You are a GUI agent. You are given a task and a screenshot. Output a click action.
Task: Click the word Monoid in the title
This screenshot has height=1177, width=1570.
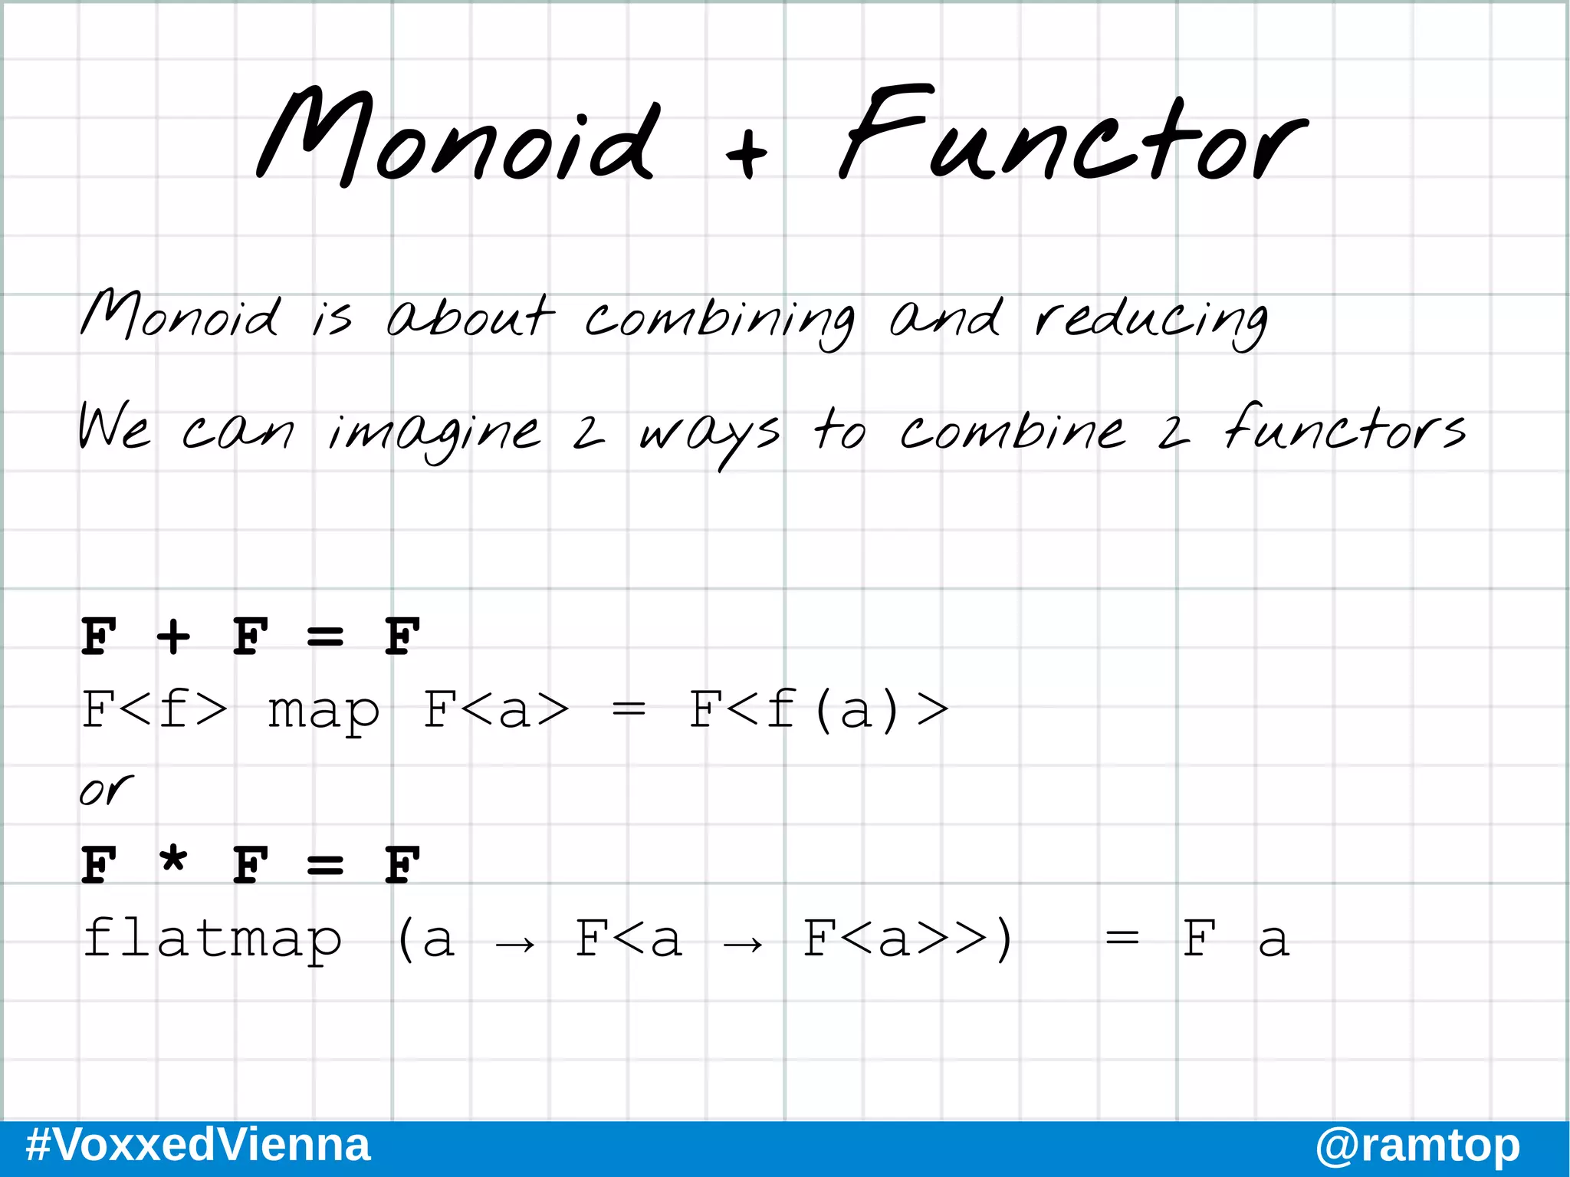click(x=456, y=138)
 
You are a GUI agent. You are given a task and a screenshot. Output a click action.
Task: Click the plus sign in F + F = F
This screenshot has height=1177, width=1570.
click(x=173, y=636)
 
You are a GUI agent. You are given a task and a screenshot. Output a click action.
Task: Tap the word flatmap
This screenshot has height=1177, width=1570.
click(x=212, y=939)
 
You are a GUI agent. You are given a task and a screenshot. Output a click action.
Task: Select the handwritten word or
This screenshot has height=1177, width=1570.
click(x=106, y=790)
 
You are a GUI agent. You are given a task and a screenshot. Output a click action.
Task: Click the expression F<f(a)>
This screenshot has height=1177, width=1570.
click(x=819, y=709)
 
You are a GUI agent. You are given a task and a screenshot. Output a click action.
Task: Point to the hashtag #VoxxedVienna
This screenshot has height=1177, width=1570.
click(x=198, y=1145)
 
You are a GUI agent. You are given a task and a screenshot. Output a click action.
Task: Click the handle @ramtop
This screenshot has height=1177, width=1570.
click(x=1417, y=1146)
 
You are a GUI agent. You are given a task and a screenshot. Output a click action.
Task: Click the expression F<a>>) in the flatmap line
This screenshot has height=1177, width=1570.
click(x=908, y=939)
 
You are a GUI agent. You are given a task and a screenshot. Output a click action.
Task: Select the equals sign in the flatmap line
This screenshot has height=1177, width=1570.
click(x=1122, y=939)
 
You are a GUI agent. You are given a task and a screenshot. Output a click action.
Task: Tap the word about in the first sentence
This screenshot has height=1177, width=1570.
click(x=469, y=317)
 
